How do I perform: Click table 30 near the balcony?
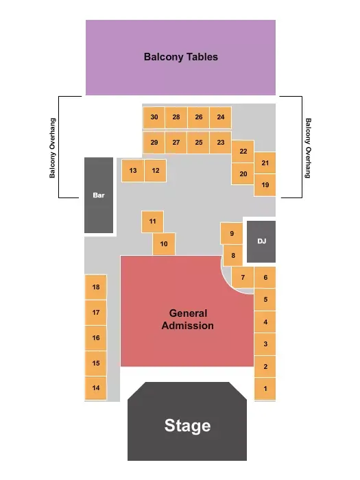[x=154, y=117]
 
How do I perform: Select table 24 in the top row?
[x=220, y=117]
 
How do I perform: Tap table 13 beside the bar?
[x=133, y=171]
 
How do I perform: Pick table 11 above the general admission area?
[x=152, y=221]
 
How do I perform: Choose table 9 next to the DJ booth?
[x=232, y=233]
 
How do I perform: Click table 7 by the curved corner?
[x=243, y=277]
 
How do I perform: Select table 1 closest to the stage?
[x=265, y=389]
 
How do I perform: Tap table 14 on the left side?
[x=96, y=388]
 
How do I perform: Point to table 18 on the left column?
[x=96, y=287]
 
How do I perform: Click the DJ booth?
[x=261, y=241]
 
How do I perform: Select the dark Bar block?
[x=99, y=195]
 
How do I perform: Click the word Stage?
[x=187, y=426]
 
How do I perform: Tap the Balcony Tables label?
[x=180, y=57]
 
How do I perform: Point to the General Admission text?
[x=188, y=320]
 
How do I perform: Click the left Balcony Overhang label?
[x=52, y=148]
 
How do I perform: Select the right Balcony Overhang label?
[x=308, y=148]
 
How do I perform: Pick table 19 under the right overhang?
[x=265, y=185]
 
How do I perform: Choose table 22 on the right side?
[x=243, y=152]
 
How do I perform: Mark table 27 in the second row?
[x=176, y=143]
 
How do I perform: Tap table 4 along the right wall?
[x=265, y=322]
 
